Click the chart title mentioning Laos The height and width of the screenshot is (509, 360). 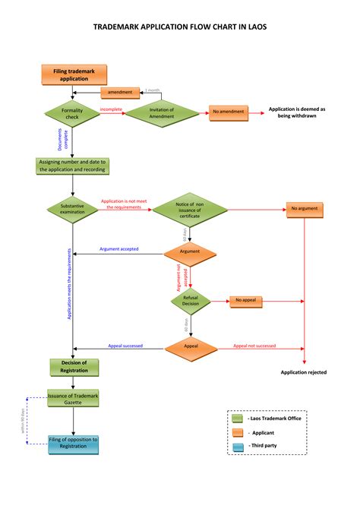point(180,27)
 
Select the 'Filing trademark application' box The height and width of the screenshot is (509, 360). point(74,74)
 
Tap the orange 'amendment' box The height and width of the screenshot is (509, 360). point(120,93)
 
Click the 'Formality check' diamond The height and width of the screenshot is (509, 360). point(72,113)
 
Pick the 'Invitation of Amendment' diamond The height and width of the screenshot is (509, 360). point(161,112)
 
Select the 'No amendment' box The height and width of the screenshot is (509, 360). point(229,112)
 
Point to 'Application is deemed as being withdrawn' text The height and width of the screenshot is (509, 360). point(297,112)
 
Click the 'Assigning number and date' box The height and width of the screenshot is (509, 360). point(73,166)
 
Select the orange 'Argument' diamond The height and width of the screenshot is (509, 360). point(190,251)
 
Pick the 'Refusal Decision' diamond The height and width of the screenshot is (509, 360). point(190,300)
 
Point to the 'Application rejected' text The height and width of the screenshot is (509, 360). point(305,372)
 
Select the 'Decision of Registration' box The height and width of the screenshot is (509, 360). point(74,366)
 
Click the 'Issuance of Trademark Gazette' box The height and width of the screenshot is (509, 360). point(74,399)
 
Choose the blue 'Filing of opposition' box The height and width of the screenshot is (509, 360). point(74,444)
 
